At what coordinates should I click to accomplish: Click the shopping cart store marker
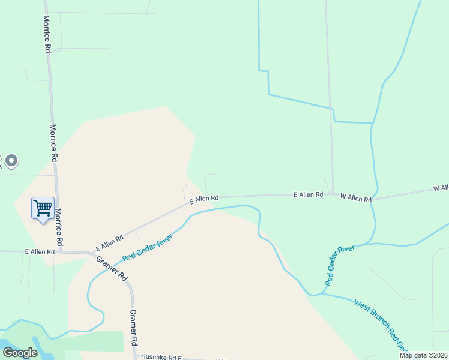click(43, 209)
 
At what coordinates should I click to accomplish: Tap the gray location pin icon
click(11, 161)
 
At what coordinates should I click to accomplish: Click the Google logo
click(20, 353)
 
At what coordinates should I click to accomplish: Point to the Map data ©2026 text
click(424, 355)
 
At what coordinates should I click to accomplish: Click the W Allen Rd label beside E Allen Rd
click(356, 197)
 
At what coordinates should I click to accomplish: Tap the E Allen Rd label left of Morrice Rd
click(40, 252)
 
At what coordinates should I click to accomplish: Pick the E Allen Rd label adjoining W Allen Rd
click(308, 195)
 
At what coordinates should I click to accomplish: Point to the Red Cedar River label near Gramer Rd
click(148, 247)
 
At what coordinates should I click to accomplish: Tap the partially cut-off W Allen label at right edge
click(441, 188)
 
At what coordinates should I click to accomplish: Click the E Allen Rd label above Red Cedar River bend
click(204, 199)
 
